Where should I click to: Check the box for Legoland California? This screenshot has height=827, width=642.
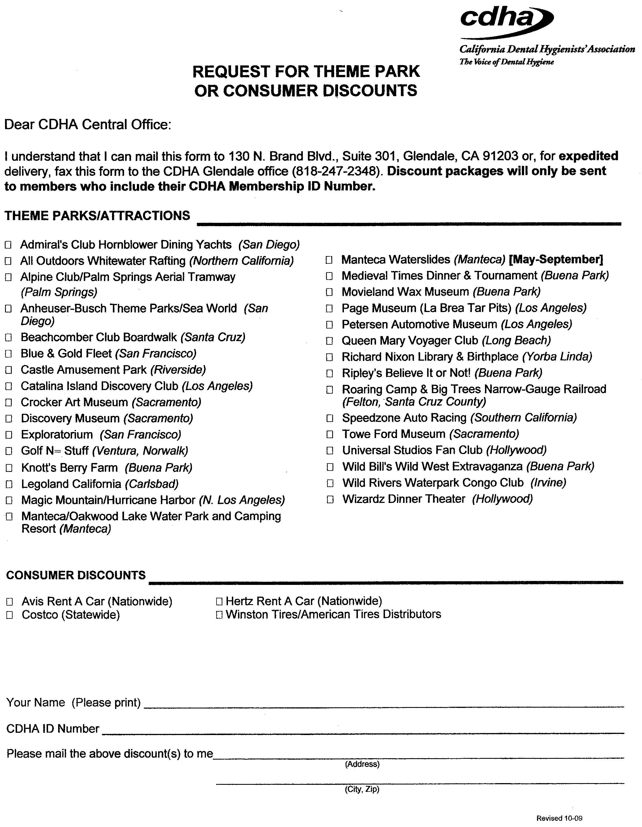[x=9, y=484]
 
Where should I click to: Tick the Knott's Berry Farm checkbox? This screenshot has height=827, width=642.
[x=9, y=468]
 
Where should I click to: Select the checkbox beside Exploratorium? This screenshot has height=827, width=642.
[x=9, y=435]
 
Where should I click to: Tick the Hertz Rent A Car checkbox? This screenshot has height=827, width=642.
[x=219, y=601]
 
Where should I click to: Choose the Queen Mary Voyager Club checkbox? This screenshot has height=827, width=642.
[x=329, y=341]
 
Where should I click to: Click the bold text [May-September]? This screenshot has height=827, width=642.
[x=556, y=260]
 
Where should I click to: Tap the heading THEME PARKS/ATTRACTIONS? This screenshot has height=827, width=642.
[x=97, y=216]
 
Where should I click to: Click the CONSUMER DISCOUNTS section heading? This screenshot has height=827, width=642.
[x=76, y=575]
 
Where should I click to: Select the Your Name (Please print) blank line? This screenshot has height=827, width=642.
[x=384, y=706]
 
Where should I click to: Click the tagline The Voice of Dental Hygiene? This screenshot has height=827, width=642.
[x=507, y=62]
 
